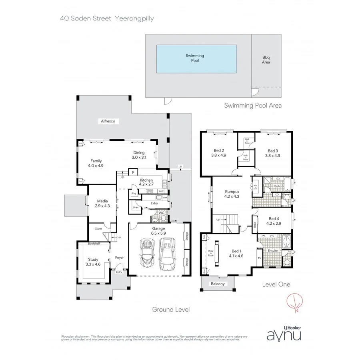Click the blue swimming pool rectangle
(196, 58)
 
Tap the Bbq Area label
(266, 60)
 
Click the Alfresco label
(108, 121)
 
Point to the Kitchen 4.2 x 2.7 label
(146, 182)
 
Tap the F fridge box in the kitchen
(133, 173)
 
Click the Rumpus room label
(232, 194)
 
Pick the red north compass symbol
(295, 303)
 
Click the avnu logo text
(284, 334)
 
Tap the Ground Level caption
(170, 309)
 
